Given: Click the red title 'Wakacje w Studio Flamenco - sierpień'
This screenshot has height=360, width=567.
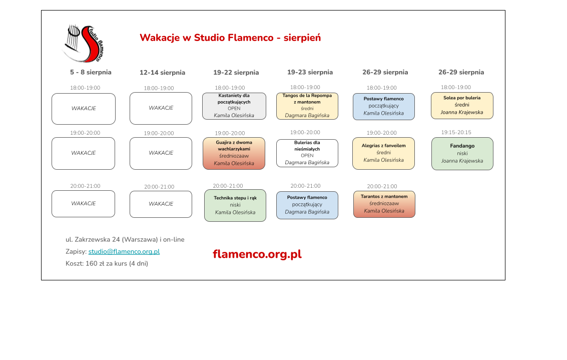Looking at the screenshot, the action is (x=230, y=38).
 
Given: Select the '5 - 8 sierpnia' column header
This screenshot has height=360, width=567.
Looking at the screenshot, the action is (x=91, y=72).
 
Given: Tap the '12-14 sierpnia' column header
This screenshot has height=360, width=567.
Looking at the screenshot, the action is (x=162, y=73).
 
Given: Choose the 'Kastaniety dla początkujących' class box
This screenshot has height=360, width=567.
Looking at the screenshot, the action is (x=234, y=106).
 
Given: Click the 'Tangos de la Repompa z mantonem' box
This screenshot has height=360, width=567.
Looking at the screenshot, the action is (x=307, y=106).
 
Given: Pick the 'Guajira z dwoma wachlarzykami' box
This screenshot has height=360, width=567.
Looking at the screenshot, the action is (x=234, y=153).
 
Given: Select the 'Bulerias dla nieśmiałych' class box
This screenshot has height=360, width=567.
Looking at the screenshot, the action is (x=307, y=153).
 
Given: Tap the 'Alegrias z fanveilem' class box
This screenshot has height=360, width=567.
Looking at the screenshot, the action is (x=384, y=153).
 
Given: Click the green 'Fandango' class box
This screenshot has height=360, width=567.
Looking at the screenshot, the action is (x=462, y=154).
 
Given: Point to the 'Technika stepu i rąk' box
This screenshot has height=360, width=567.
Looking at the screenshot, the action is (x=235, y=205).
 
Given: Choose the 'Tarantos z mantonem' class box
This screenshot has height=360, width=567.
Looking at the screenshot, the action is (x=384, y=204).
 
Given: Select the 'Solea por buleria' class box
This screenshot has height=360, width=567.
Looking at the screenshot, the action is (x=462, y=106).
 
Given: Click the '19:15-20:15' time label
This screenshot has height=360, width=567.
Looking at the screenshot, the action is (x=456, y=132).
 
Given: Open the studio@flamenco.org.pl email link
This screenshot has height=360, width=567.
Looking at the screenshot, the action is (x=124, y=251).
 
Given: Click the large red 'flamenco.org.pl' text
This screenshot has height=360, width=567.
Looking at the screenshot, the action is (x=257, y=254).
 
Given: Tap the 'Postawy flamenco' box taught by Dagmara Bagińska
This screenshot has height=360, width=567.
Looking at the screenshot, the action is (x=307, y=205).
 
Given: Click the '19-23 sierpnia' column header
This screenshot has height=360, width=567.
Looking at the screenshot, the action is (x=310, y=72).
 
